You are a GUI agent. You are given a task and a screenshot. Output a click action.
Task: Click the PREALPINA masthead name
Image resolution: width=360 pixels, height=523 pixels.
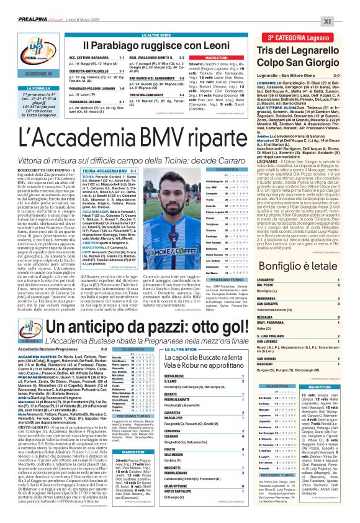[25, 5]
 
